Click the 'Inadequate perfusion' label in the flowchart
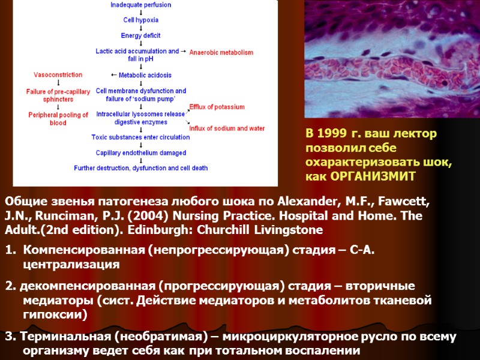click(x=140, y=5)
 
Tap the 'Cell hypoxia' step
click(x=140, y=20)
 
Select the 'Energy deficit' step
click(x=140, y=35)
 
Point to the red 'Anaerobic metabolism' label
click(x=221, y=53)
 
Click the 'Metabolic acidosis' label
click(x=145, y=76)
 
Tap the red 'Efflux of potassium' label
click(x=217, y=107)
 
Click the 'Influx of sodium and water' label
click(x=227, y=128)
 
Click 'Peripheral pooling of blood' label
click(x=58, y=119)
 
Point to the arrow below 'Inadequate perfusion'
click(x=140, y=12)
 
